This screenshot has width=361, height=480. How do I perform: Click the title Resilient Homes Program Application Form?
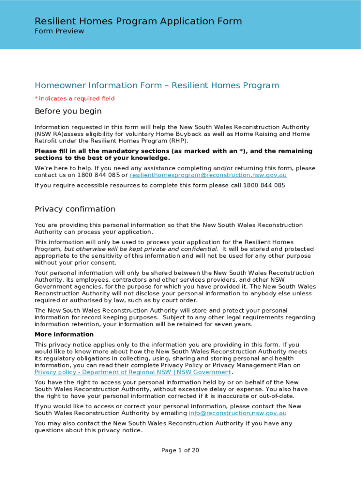pos(138,21)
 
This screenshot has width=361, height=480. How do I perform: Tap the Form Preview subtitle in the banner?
pos(59,31)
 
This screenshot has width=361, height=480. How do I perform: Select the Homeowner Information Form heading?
pos(157,85)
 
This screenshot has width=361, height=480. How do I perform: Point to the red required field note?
pos(75,98)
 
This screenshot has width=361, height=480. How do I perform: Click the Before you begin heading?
pos(68,112)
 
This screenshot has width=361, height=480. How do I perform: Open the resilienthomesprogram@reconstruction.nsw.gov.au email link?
pos(208,175)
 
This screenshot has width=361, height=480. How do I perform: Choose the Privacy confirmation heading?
pos(75,209)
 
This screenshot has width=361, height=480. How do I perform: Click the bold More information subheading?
pos(64,335)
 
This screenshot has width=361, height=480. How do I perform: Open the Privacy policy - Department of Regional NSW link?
pos(133,372)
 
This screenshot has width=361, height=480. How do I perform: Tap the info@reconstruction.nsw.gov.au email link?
pos(237,413)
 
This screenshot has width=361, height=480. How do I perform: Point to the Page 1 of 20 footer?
pos(180,450)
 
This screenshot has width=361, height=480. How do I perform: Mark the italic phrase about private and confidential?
pos(141,249)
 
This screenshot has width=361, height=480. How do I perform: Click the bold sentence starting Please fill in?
pos(173,155)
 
